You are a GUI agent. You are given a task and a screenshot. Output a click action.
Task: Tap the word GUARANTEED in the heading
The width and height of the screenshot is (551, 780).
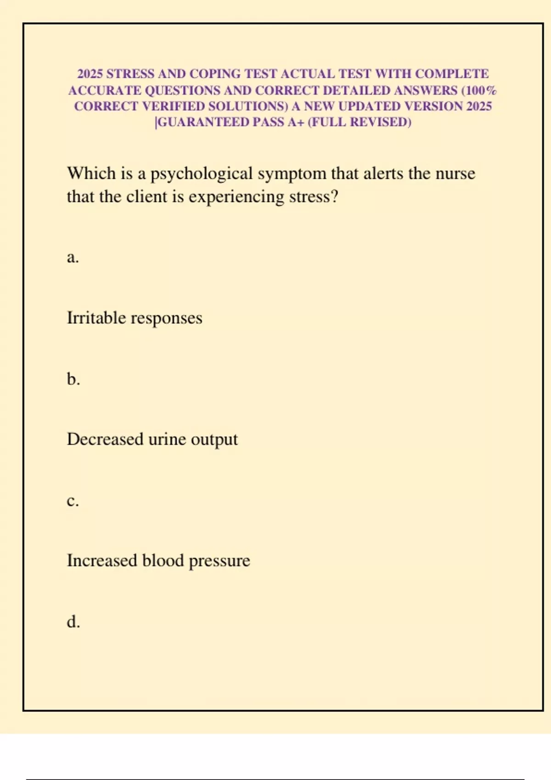[x=203, y=122]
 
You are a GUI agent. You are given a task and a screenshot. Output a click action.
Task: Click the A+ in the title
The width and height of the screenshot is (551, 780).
[x=296, y=122]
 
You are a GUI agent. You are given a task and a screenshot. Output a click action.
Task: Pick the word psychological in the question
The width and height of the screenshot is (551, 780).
[x=202, y=174]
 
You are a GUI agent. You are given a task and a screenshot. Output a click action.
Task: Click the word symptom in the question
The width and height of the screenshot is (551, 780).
[x=292, y=174]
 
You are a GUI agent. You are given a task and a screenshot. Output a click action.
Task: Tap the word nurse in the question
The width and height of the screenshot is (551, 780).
[x=455, y=173]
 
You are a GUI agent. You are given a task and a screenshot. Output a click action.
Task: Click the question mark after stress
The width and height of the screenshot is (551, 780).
[x=334, y=196]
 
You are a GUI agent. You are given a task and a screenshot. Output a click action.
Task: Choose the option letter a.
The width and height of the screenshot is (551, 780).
[x=73, y=257]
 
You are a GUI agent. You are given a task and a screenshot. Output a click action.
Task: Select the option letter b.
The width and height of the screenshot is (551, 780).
[x=73, y=379]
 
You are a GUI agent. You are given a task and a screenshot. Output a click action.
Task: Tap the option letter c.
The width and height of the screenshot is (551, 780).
[x=73, y=501]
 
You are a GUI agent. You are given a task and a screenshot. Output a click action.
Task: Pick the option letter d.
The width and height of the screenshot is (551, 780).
[x=73, y=622]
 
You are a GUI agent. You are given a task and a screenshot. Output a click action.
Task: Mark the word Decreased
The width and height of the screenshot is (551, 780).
[x=105, y=440]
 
